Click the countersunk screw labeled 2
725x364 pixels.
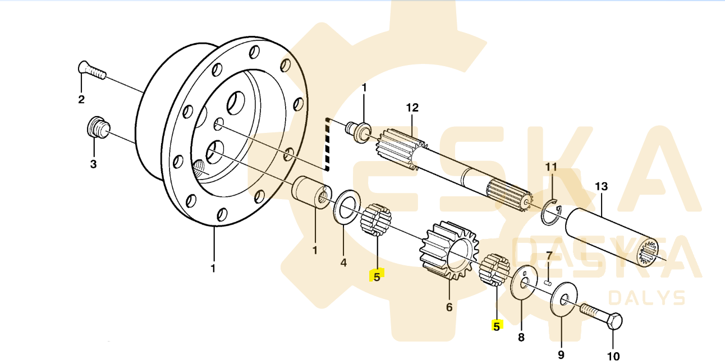(x=91, y=71)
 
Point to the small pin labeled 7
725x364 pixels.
(x=549, y=274)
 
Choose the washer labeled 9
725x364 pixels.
(x=562, y=298)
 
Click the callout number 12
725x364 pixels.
(x=412, y=107)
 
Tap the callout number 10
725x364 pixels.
(x=613, y=356)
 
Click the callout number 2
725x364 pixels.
(x=81, y=100)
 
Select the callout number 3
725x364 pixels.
(x=94, y=164)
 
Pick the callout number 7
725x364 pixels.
(x=549, y=256)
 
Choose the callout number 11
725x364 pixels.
(x=551, y=167)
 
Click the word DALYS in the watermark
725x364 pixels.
(x=646, y=297)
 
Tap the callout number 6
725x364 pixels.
(x=449, y=307)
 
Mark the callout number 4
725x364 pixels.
(x=343, y=262)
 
